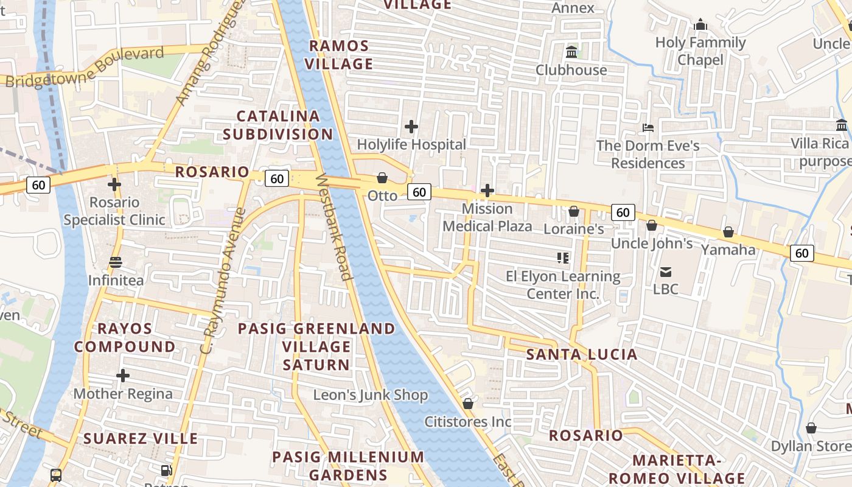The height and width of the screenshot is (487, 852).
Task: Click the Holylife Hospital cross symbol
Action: click(x=411, y=127)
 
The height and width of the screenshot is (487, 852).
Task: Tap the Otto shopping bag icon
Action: click(x=382, y=178)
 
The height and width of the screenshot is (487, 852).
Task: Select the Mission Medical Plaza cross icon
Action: click(x=487, y=191)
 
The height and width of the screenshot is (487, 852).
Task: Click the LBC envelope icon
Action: click(x=666, y=272)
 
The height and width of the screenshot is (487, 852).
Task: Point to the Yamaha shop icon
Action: click(x=728, y=232)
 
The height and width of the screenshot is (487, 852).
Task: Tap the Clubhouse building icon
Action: click(x=571, y=52)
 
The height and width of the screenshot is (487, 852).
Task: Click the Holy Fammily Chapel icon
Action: click(x=700, y=25)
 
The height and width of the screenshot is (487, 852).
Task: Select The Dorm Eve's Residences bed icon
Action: click(x=648, y=128)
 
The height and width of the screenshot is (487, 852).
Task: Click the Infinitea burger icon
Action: click(x=116, y=262)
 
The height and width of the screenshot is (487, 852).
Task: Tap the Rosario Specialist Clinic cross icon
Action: click(x=114, y=184)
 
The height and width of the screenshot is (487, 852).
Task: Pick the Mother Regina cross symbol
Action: click(x=123, y=376)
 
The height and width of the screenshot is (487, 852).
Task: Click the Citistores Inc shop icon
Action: click(x=468, y=404)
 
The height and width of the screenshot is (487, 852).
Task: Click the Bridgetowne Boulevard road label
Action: click(x=85, y=67)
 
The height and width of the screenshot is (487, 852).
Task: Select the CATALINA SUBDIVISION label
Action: click(x=278, y=125)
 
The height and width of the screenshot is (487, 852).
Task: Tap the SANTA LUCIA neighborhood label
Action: click(x=581, y=354)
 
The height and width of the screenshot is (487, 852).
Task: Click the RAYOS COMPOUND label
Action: click(x=125, y=337)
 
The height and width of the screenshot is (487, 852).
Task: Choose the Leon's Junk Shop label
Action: click(x=371, y=395)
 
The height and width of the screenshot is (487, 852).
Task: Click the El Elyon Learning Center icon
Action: click(x=563, y=258)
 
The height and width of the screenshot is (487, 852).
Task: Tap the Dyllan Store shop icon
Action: click(x=811, y=428)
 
